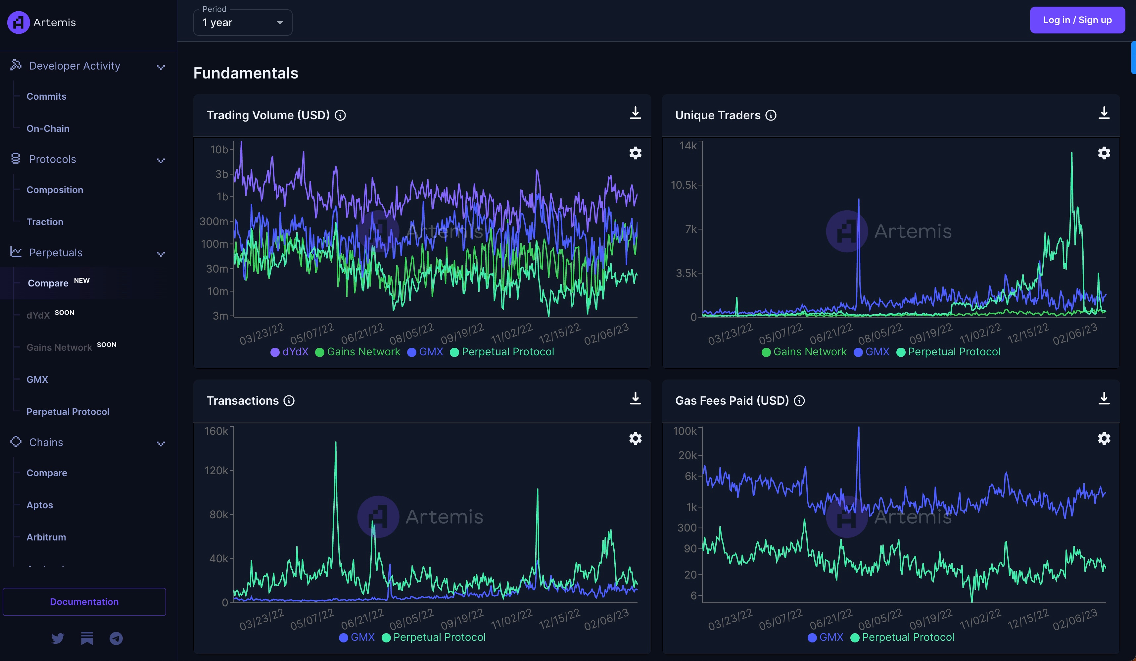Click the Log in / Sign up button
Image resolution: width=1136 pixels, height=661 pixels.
click(x=1077, y=20)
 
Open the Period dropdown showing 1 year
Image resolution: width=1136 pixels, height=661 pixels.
click(x=243, y=23)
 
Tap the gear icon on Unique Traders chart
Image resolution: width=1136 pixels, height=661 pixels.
click(x=1104, y=153)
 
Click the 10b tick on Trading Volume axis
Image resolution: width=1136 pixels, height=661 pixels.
click(x=219, y=149)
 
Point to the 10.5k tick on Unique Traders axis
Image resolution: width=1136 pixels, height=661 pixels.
click(x=684, y=185)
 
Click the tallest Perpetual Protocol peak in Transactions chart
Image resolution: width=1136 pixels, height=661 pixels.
click(x=335, y=443)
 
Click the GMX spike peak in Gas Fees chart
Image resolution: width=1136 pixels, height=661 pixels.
click(x=858, y=428)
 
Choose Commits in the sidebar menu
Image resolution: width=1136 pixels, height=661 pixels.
click(x=46, y=96)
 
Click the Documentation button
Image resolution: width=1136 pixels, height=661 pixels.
click(x=84, y=601)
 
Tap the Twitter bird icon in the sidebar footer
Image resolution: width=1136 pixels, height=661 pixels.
click(x=58, y=638)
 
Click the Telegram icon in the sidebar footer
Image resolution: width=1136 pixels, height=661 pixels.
click(x=116, y=638)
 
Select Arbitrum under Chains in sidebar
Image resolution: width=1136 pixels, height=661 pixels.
click(x=46, y=537)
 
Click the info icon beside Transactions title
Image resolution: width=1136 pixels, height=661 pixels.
click(x=289, y=400)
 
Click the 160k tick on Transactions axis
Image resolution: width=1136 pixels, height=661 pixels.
click(x=217, y=431)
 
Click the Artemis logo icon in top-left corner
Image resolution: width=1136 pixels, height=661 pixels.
click(x=19, y=22)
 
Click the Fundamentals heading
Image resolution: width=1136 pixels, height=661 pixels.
click(x=246, y=73)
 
